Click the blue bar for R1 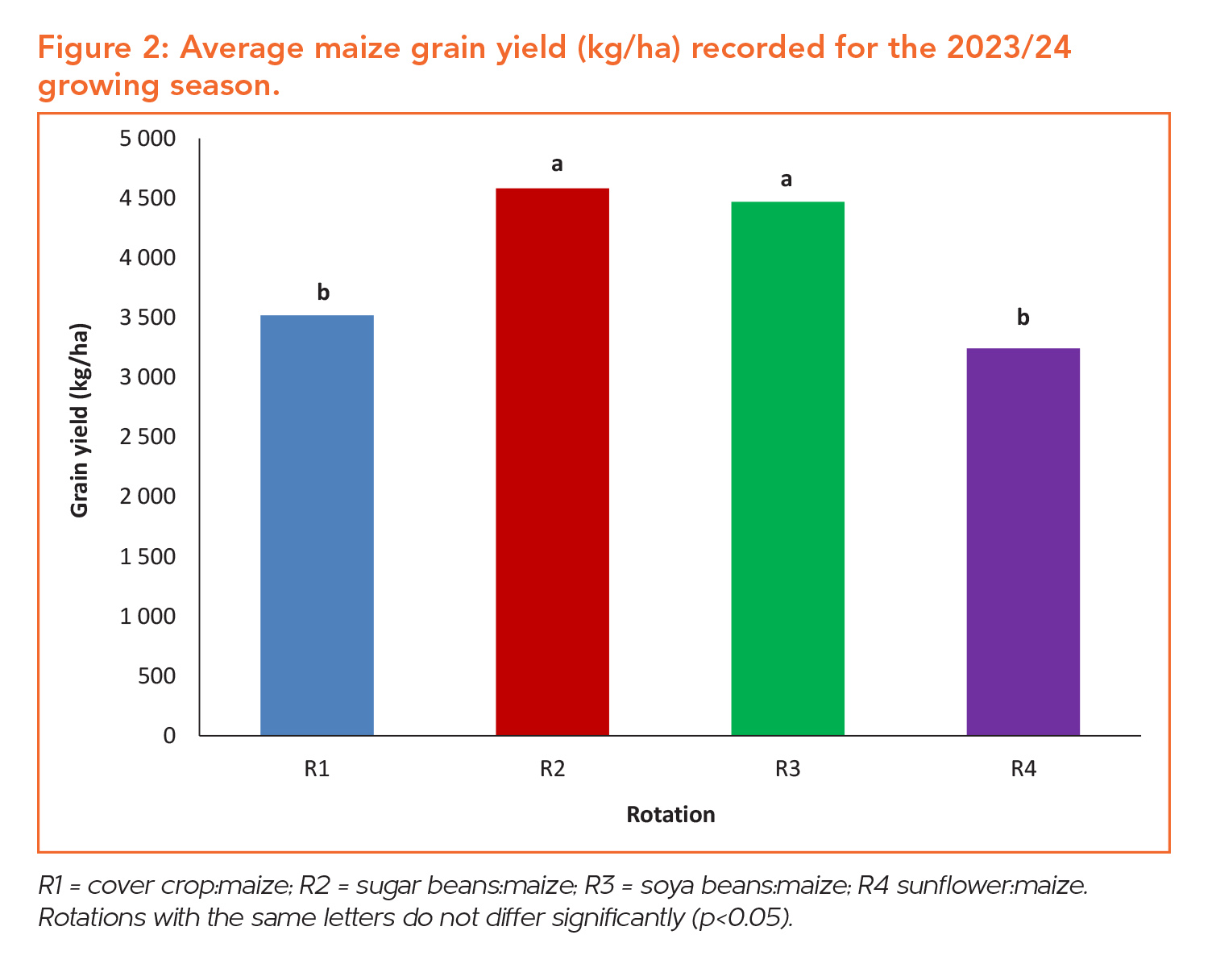pos(317,525)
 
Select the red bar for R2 pos(552,461)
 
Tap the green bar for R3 pos(787,467)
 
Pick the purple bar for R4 pos(1023,541)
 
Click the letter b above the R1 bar pos(323,293)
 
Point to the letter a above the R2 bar pos(557,164)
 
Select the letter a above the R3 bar pos(787,179)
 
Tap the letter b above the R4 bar pos(1023,318)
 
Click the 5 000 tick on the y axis pos(147,139)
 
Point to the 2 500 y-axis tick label pos(147,437)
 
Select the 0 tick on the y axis pos(168,735)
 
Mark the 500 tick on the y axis pos(156,675)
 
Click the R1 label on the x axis pos(317,769)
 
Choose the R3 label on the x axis pos(787,769)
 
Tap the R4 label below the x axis pos(1023,769)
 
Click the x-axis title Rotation pos(670,815)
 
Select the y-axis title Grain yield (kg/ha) pos(80,420)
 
